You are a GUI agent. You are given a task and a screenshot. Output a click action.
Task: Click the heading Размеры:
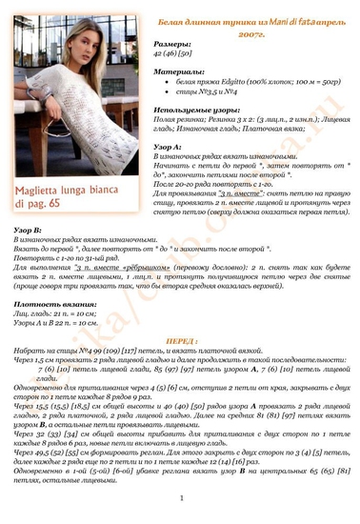pyautogui.click(x=172, y=45)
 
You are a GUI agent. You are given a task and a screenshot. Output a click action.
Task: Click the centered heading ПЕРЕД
pyautogui.click(x=178, y=339)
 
